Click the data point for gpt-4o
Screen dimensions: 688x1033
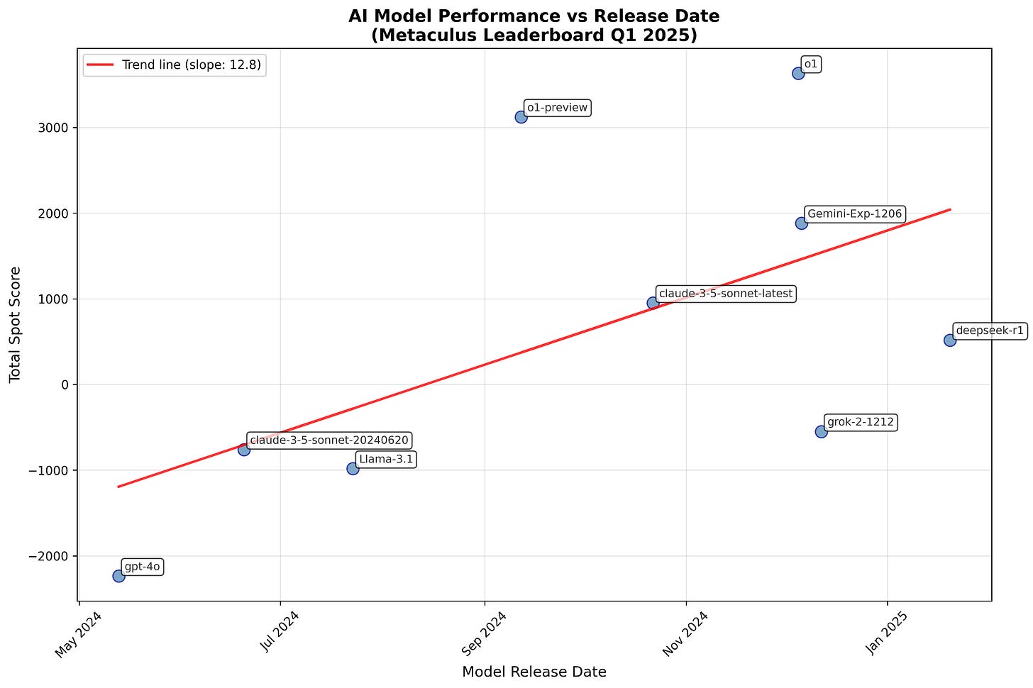pyautogui.click(x=118, y=576)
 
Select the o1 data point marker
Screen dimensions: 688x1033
pyautogui.click(x=798, y=73)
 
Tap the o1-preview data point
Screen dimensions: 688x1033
pyautogui.click(x=521, y=117)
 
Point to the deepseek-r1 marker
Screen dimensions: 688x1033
pyautogui.click(x=950, y=340)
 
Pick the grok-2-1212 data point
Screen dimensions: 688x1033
pyautogui.click(x=821, y=431)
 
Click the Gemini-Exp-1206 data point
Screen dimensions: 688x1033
pyautogui.click(x=801, y=223)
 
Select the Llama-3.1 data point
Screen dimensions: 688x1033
pyautogui.click(x=353, y=468)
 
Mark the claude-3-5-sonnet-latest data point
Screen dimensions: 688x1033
pyautogui.click(x=653, y=303)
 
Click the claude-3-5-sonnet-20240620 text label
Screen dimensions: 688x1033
pyautogui.click(x=328, y=440)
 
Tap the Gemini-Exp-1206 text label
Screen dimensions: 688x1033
pyautogui.click(x=854, y=213)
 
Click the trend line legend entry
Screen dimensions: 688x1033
pyautogui.click(x=175, y=65)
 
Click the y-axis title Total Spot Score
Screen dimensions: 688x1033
pyautogui.click(x=16, y=324)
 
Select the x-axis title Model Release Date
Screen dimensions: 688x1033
pyautogui.click(x=534, y=672)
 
